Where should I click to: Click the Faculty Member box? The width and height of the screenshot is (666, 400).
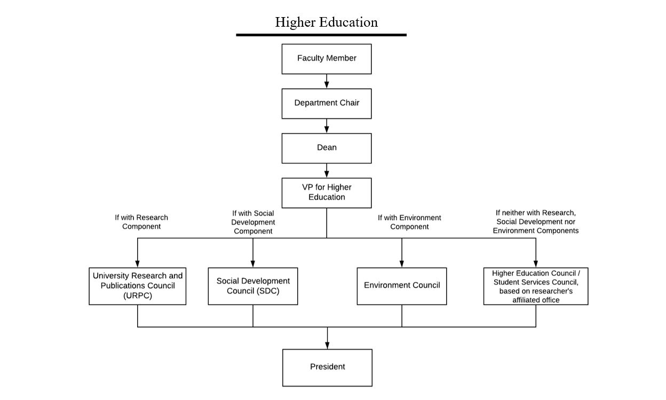point(327,59)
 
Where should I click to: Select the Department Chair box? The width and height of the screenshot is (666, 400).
point(327,104)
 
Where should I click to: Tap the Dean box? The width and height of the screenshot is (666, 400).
point(327,148)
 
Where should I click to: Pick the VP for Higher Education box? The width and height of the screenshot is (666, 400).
point(327,193)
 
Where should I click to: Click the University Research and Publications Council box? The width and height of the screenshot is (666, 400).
point(137,286)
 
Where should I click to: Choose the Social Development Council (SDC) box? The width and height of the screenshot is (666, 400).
point(253,286)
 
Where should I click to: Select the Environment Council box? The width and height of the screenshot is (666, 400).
point(402,286)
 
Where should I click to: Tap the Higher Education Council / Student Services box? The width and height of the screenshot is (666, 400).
point(536,286)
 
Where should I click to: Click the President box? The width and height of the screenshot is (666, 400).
point(327,367)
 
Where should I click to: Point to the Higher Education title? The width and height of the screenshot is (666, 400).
point(326,22)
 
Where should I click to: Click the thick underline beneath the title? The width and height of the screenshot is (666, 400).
point(321,35)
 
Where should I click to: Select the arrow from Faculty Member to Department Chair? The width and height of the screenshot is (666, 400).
point(327,81)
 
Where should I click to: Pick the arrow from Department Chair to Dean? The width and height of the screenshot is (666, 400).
point(327,126)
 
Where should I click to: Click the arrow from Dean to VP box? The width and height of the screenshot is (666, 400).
point(327,170)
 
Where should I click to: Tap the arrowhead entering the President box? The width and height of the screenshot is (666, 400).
point(327,345)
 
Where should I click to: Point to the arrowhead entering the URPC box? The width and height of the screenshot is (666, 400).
point(137,264)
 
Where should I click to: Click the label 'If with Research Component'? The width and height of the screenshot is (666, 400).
point(141,222)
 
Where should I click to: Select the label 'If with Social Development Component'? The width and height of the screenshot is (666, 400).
point(253,222)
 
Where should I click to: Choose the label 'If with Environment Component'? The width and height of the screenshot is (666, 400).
point(409,222)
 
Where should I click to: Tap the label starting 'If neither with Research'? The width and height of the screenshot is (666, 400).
point(535,222)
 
